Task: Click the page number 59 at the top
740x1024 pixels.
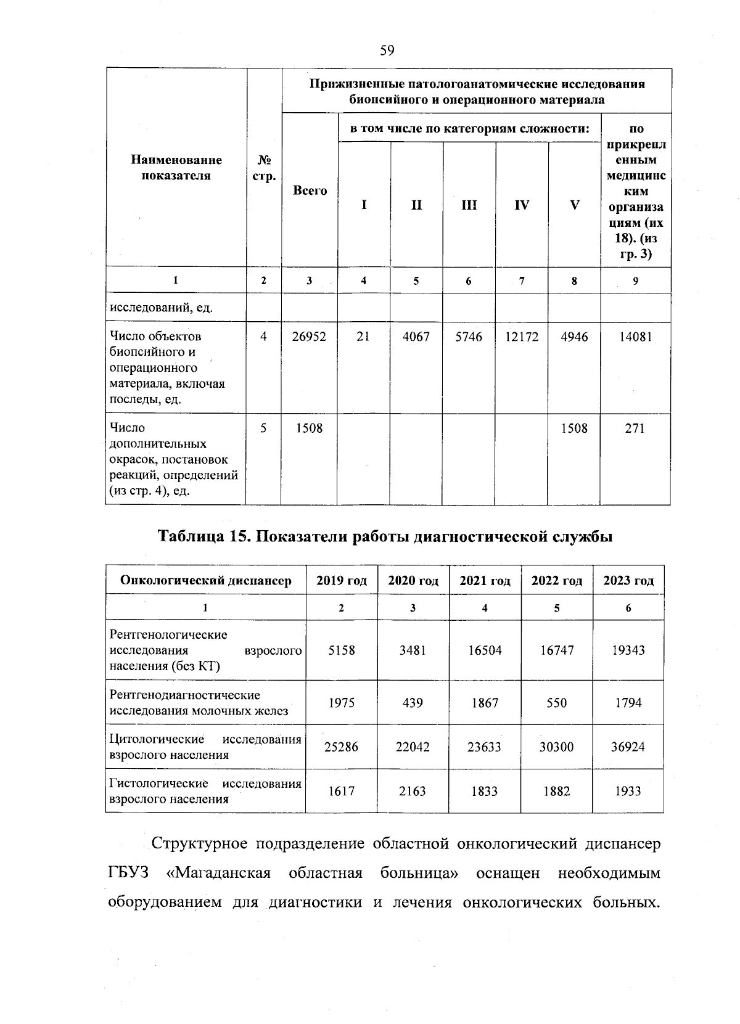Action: tap(387, 51)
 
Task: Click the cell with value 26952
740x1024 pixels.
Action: tap(309, 337)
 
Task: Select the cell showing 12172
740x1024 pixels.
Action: tap(522, 337)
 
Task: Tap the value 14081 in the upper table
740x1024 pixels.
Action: tap(635, 337)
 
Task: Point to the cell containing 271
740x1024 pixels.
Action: tap(635, 428)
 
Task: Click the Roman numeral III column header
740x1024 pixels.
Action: tap(469, 205)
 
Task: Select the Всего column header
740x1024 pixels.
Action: tap(310, 191)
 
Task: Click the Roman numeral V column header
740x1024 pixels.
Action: tap(574, 205)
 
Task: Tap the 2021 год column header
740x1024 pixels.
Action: tap(485, 581)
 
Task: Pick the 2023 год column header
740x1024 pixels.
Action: tap(628, 581)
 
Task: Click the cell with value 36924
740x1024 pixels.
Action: tap(628, 747)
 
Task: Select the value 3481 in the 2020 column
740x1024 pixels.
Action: tap(413, 650)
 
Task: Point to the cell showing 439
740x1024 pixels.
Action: tap(413, 703)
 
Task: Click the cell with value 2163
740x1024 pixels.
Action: tap(413, 791)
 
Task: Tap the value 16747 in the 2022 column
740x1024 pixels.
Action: tap(556, 650)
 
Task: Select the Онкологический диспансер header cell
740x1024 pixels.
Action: tap(205, 581)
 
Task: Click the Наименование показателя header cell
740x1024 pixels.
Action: tap(176, 168)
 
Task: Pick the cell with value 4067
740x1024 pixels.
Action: tap(416, 337)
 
